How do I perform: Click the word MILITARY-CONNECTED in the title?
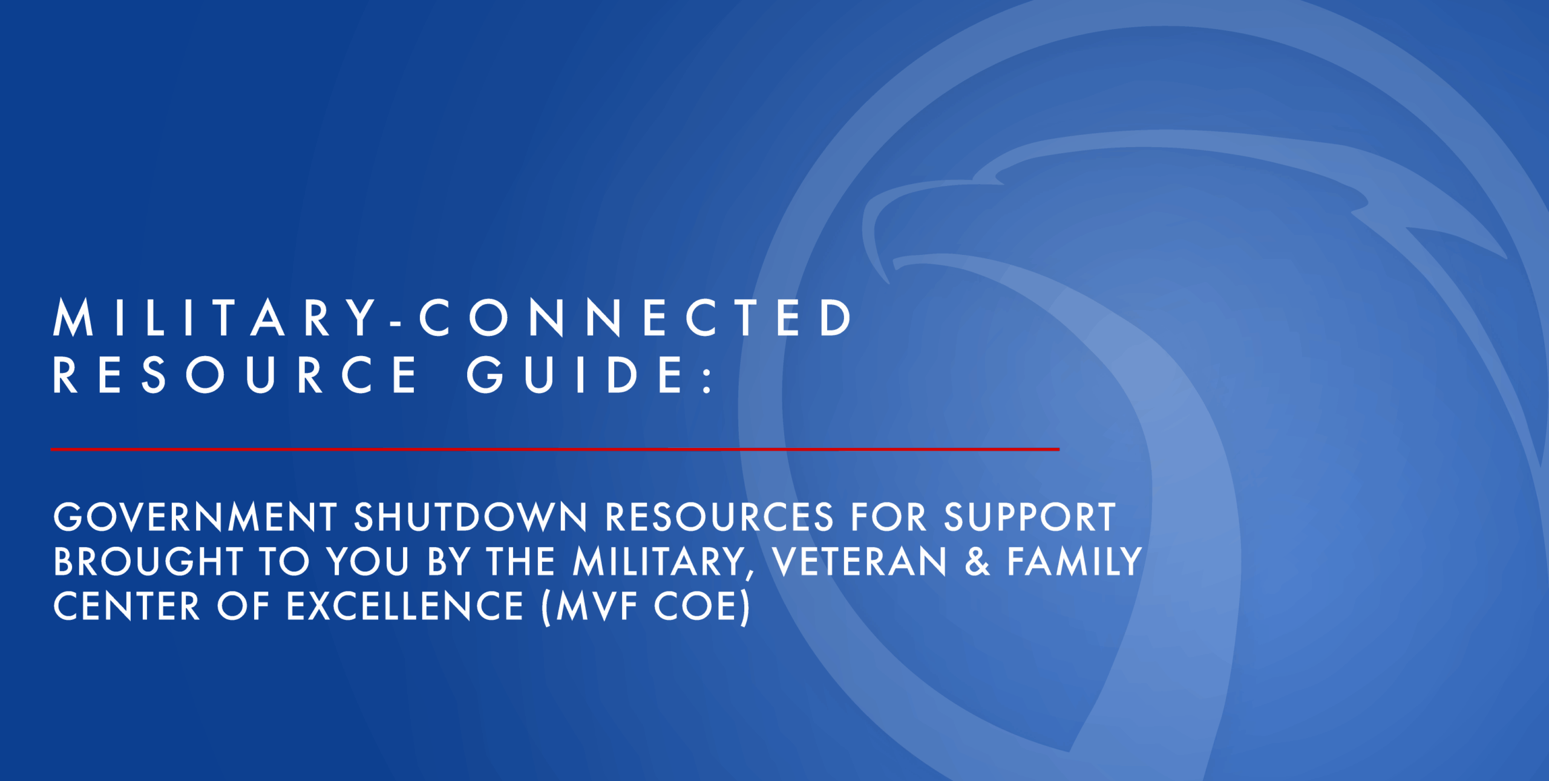(x=452, y=317)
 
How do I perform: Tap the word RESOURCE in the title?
(x=235, y=375)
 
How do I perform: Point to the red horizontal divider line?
(x=555, y=449)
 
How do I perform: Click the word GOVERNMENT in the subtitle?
(x=195, y=517)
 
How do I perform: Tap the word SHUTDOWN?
(x=470, y=517)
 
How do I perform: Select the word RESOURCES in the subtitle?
(x=719, y=517)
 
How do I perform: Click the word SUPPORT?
(x=1030, y=517)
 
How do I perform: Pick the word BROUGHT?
(x=148, y=561)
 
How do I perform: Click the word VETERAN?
(x=859, y=561)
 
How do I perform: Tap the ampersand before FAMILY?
(x=977, y=561)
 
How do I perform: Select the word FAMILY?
(x=1075, y=561)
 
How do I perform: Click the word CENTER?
(x=126, y=606)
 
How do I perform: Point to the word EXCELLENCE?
(x=405, y=606)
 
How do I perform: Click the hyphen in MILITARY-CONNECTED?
(x=396, y=325)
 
